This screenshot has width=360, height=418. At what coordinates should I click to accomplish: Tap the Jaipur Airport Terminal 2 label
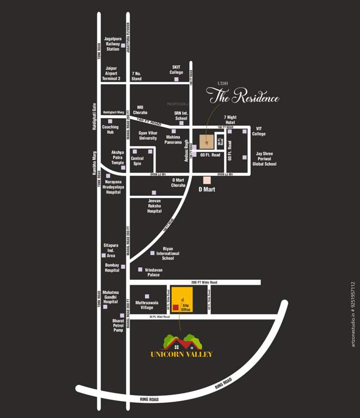113,73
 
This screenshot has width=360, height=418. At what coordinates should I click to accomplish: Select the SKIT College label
176,69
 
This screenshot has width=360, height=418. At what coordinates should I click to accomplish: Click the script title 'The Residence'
245,98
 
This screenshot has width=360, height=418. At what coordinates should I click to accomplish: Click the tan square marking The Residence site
206,142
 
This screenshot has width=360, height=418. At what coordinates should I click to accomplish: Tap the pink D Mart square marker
207,180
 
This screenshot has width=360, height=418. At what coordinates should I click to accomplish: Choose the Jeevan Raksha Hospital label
154,206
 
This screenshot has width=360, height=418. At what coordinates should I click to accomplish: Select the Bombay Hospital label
112,267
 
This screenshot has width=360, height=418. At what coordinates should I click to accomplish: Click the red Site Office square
176,308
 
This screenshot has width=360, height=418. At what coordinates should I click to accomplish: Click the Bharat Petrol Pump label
119,325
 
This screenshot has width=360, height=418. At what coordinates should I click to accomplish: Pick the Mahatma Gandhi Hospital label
110,297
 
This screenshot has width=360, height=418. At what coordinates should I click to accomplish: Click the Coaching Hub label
110,130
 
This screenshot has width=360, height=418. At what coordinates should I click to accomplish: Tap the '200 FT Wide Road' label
204,282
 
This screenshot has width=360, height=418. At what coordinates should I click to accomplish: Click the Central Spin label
137,161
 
